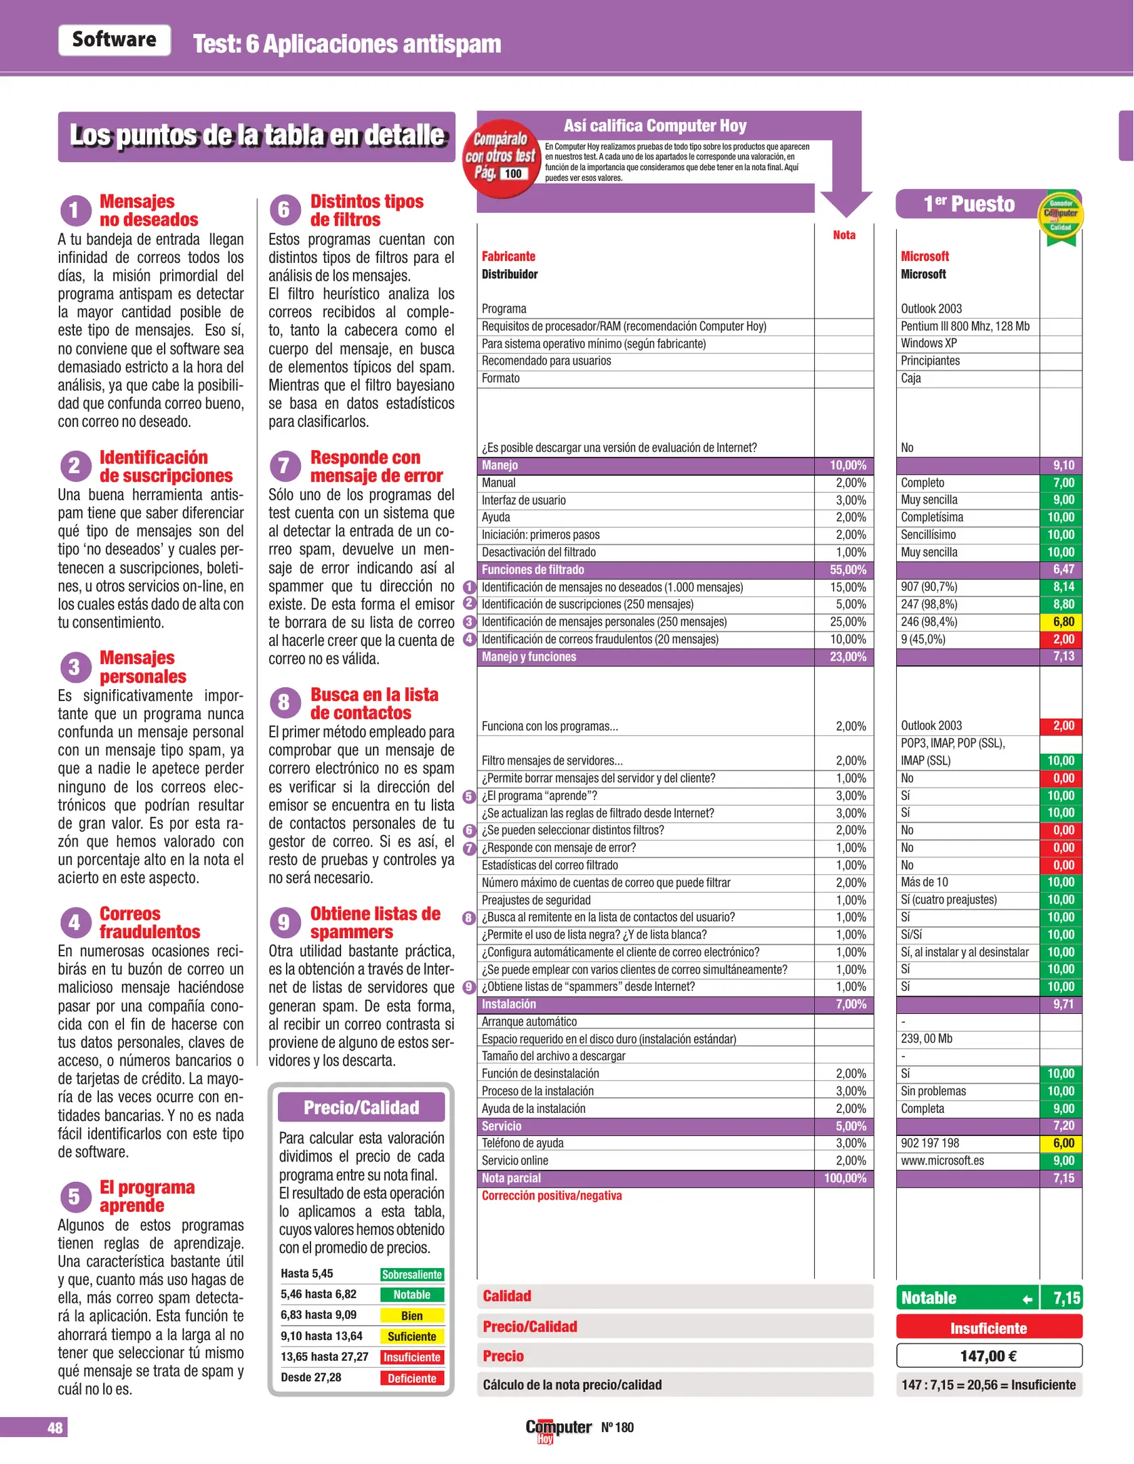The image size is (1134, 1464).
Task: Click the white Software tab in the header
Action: click(x=114, y=40)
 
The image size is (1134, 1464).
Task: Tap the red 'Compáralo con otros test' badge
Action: click(x=502, y=158)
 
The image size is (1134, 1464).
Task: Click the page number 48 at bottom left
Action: click(x=54, y=1427)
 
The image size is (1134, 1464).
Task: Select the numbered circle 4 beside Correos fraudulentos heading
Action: click(x=75, y=922)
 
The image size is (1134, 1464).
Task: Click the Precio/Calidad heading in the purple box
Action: click(x=361, y=1107)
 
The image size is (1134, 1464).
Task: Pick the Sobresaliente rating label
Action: click(x=411, y=1274)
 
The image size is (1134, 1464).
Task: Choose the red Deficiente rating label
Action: click(x=411, y=1378)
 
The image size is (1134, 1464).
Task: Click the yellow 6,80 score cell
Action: click(x=1062, y=622)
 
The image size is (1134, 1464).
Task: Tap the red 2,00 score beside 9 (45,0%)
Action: click(x=1062, y=639)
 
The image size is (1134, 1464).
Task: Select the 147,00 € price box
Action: click(x=988, y=1356)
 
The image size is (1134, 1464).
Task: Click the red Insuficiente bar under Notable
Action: click(x=988, y=1328)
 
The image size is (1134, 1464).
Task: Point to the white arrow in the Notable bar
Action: click(x=1027, y=1299)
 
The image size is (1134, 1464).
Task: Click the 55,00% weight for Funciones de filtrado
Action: click(x=847, y=569)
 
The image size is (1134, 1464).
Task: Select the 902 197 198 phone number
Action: click(x=930, y=1143)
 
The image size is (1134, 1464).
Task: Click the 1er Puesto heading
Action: click(x=969, y=204)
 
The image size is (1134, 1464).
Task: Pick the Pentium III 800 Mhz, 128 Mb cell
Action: click(x=965, y=326)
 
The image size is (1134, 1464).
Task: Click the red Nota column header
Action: click(x=844, y=235)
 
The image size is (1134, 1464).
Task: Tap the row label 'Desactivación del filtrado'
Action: click(x=538, y=552)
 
